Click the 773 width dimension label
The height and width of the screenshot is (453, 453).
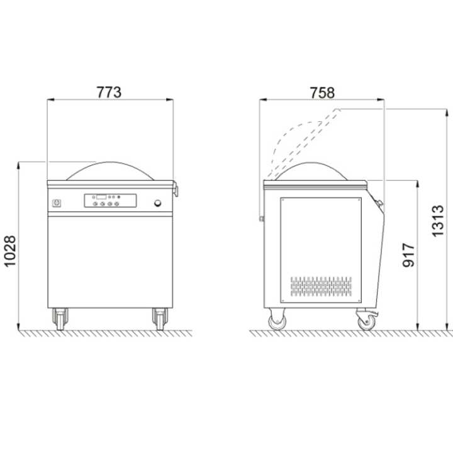109,92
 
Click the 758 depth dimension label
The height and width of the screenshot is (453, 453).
322,92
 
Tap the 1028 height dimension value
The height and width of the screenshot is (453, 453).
10,251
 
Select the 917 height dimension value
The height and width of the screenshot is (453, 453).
408,255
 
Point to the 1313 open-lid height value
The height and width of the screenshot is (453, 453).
437,221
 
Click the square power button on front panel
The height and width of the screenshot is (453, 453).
56,203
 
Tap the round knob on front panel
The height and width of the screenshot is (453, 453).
158,203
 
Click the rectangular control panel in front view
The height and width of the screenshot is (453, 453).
110,201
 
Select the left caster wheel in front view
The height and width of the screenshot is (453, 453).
60,319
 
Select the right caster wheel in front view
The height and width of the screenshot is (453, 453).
160,319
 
